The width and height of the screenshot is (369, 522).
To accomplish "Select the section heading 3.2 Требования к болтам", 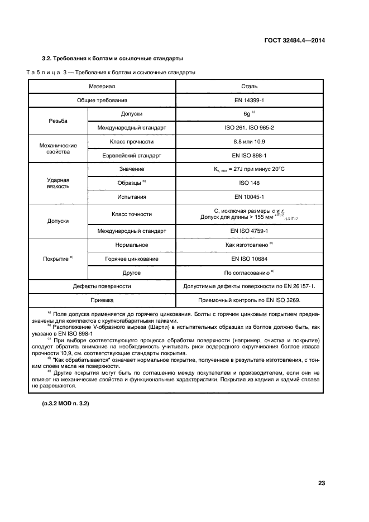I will [113, 59].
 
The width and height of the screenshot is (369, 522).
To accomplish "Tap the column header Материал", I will [102, 87].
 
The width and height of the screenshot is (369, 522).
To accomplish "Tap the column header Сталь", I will [249, 87].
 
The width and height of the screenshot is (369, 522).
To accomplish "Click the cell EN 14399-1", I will [249, 100].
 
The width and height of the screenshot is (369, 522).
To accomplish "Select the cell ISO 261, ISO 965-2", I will [249, 128].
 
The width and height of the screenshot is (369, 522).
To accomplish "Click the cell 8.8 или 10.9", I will [249, 142].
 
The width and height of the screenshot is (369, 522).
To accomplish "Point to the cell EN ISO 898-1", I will [249, 155].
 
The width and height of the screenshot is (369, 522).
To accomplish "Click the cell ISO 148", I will [249, 183].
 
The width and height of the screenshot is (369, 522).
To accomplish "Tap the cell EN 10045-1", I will [249, 197].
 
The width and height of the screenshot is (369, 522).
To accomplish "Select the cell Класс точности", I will [132, 214].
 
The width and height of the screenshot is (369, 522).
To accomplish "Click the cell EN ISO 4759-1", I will [249, 231].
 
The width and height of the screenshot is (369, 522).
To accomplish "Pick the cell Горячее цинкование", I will [132, 258].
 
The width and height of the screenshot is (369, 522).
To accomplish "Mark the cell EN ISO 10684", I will [249, 258].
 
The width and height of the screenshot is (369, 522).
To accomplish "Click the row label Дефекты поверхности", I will [102, 286].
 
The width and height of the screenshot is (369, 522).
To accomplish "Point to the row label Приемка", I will [102, 300].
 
